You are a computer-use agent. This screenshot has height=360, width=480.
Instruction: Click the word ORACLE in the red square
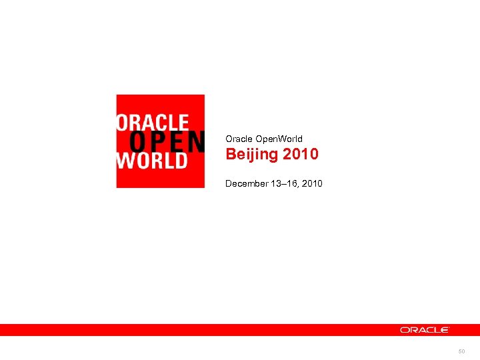[x=153, y=122]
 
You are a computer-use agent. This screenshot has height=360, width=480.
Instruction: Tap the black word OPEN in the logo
[x=166, y=141]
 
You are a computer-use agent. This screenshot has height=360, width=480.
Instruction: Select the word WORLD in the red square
[x=151, y=161]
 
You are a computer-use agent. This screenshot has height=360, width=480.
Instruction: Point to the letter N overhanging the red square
[x=195, y=141]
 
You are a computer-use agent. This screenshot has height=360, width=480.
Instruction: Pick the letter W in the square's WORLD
[x=125, y=161]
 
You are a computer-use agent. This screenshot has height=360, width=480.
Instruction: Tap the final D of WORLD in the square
[x=181, y=161]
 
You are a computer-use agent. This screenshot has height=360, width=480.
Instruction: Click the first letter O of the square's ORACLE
[x=123, y=122]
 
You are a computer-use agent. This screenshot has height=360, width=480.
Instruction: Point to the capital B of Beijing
[x=231, y=154]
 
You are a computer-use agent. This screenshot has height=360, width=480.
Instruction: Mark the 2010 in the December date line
[x=312, y=183]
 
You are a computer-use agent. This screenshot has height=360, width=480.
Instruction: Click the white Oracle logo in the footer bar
[x=425, y=330]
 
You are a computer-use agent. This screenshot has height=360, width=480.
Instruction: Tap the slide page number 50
[x=461, y=350]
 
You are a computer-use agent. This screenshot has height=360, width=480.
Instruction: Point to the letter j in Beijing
[x=252, y=155]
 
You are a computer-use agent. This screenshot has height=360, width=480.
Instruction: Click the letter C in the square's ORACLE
[x=164, y=122]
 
